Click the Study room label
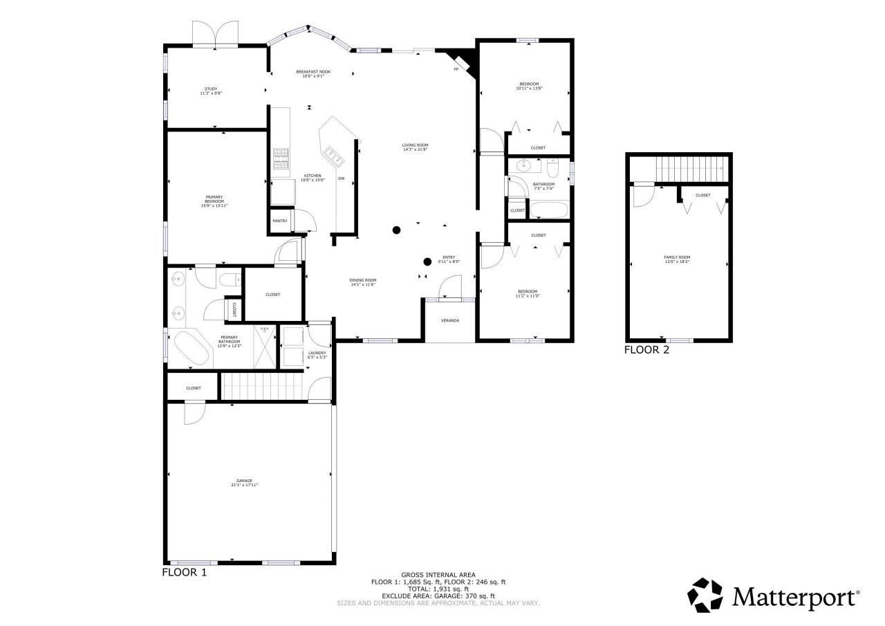(211, 89)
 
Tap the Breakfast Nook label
(313, 71)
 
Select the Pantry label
(279, 221)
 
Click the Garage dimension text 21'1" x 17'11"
(245, 485)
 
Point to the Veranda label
(450, 320)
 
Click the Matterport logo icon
(705, 596)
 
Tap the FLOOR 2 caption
(646, 350)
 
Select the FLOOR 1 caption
(184, 573)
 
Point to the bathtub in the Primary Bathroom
(192, 349)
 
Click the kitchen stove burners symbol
(281, 160)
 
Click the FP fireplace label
(456, 70)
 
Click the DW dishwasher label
(341, 178)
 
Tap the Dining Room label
(362, 280)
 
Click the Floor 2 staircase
(692, 167)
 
